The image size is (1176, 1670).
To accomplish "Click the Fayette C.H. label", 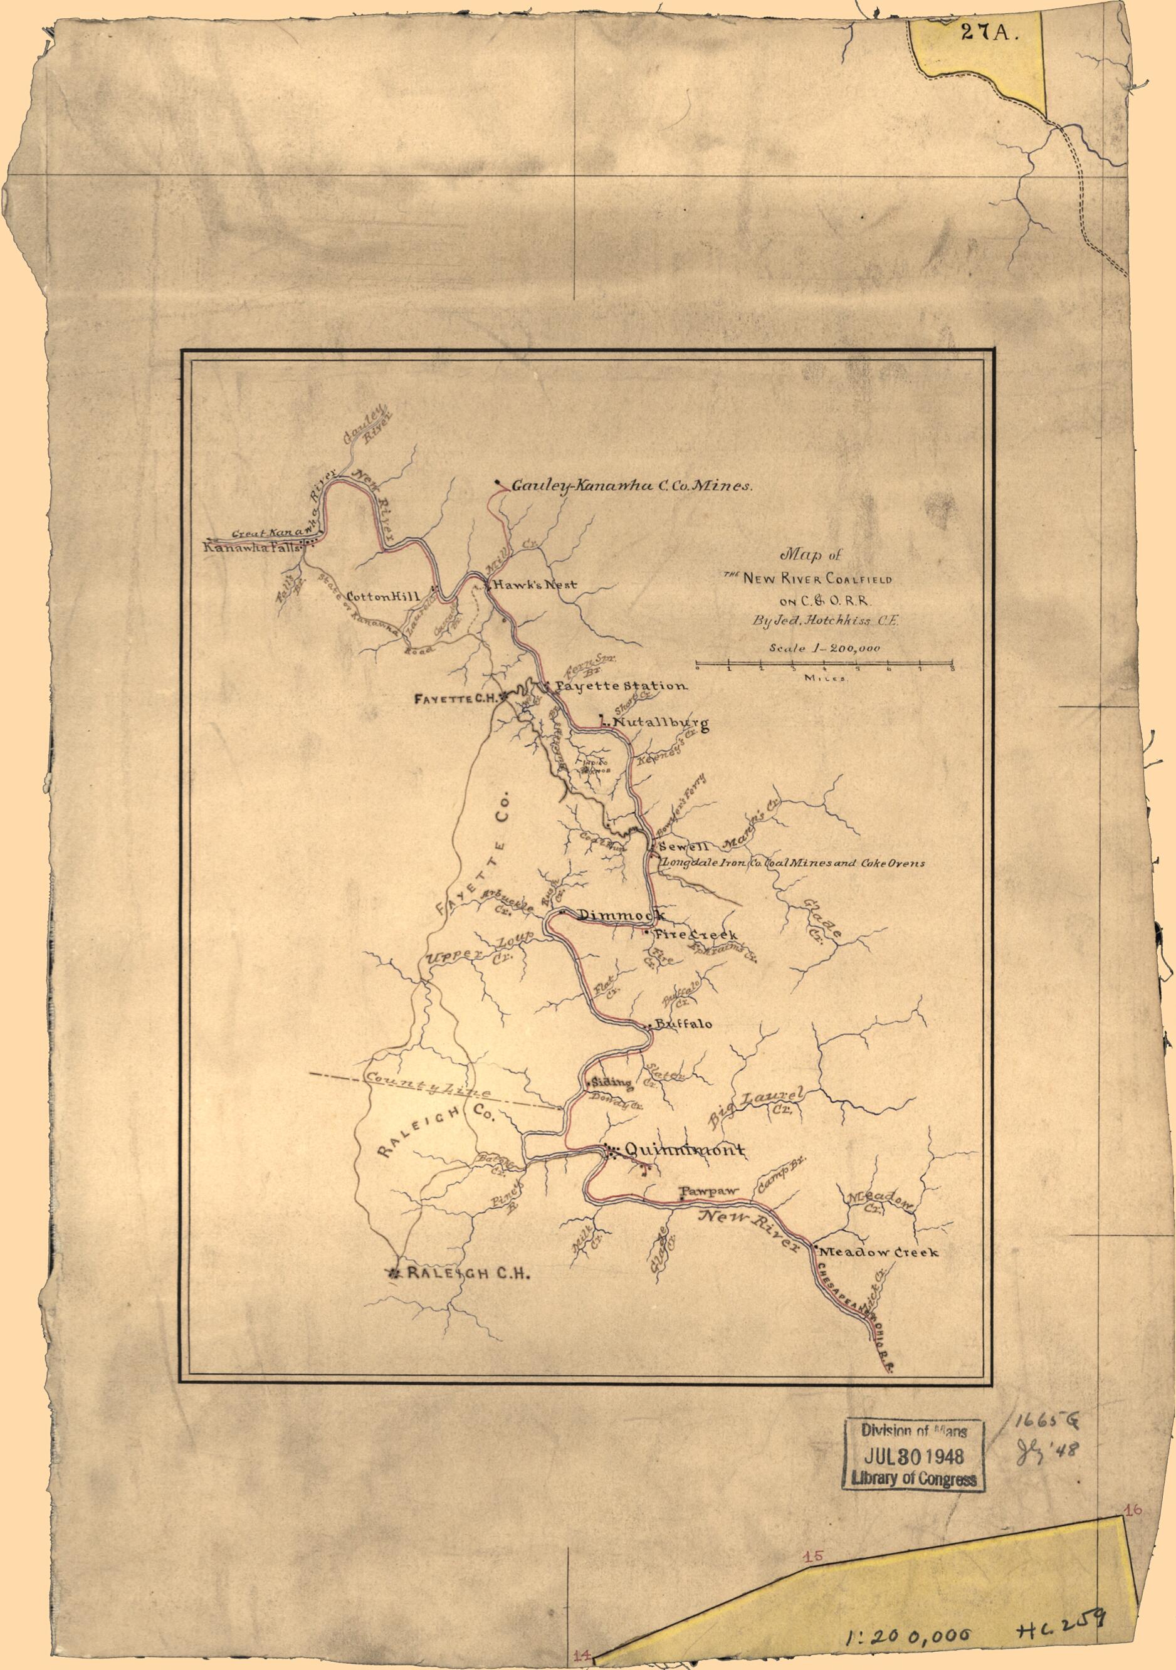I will click(455, 698).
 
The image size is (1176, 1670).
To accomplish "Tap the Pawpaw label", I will click(708, 1192).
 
